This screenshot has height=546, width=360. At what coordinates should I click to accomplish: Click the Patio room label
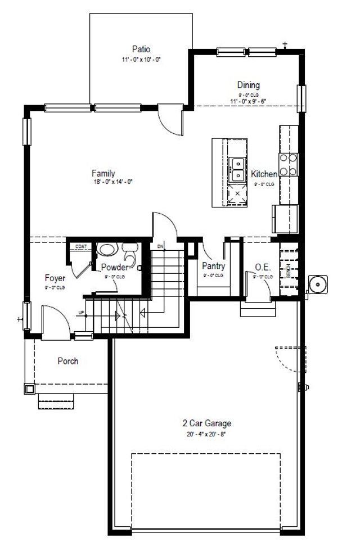[x=142, y=49]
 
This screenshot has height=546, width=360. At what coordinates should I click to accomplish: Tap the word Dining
[x=248, y=85]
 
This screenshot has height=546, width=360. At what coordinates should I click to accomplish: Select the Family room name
[x=103, y=173]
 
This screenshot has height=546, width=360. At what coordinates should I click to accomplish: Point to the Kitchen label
[x=264, y=174]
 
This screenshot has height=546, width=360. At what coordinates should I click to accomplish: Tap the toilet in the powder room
[x=130, y=249]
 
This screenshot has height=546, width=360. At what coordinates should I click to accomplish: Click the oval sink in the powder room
[x=105, y=249]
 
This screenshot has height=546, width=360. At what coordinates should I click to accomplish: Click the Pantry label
[x=213, y=267]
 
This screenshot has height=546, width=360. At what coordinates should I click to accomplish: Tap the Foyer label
[x=55, y=278]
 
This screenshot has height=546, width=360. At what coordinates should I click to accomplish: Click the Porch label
[x=68, y=361]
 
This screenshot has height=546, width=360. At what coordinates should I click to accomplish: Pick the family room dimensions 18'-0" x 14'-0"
[x=112, y=182]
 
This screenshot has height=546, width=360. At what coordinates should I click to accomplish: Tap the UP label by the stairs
[x=80, y=313]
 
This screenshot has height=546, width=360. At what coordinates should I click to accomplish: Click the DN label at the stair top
[x=160, y=246]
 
